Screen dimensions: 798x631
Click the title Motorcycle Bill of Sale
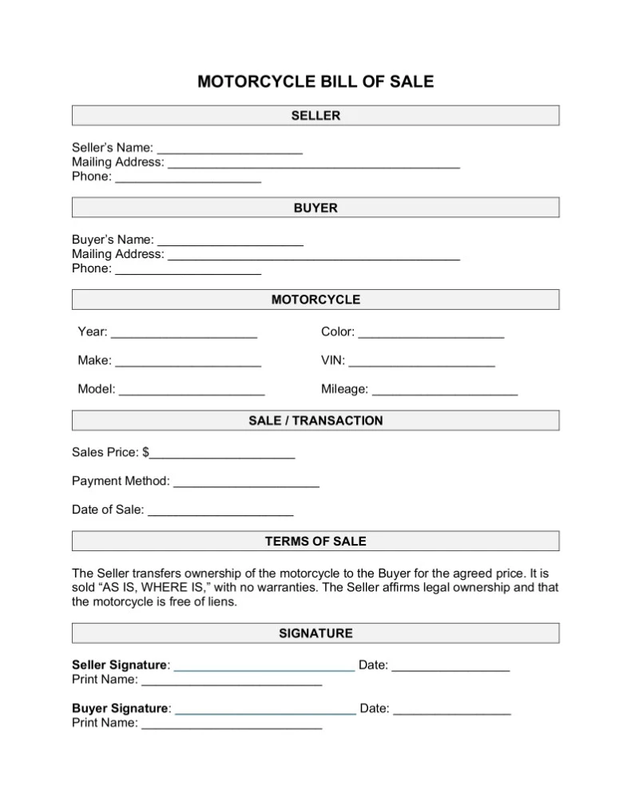315,81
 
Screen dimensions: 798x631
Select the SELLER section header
315,116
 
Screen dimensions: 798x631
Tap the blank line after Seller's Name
230,149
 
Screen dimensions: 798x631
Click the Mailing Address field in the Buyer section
314,256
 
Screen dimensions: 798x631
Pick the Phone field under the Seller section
189,178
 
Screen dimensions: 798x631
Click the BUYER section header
315,208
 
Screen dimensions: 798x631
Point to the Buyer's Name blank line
230,241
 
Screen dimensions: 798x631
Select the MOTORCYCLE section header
315,300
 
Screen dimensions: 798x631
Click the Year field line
184,333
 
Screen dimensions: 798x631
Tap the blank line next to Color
431,333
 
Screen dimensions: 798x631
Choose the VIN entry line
422,362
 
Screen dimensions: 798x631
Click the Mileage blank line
445,391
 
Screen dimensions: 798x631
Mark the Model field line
192,391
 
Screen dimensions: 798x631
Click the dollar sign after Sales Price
145,452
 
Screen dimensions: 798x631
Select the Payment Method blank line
246,482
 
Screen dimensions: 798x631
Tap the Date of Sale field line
220,511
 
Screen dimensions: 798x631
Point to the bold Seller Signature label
120,665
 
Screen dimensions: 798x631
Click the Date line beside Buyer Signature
452,709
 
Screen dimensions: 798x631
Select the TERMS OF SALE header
315,541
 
